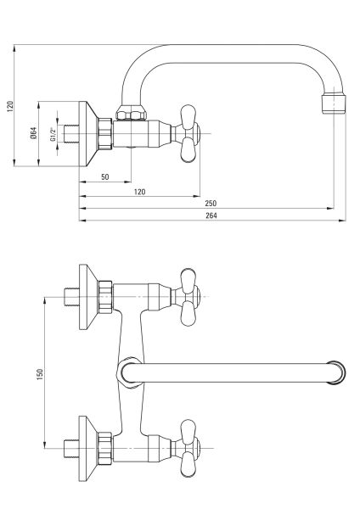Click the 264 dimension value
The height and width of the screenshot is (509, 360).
[211, 215]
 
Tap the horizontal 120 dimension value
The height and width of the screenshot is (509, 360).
[139, 192]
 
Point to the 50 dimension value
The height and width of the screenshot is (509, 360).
[104, 176]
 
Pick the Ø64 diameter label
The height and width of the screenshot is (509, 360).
[34, 133]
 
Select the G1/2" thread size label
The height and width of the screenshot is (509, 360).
[53, 134]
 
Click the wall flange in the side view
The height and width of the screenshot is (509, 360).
[89, 133]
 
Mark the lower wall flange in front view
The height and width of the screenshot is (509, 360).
[88, 445]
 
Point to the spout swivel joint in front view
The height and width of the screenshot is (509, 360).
[128, 372]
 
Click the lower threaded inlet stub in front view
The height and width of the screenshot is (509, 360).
[70, 445]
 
